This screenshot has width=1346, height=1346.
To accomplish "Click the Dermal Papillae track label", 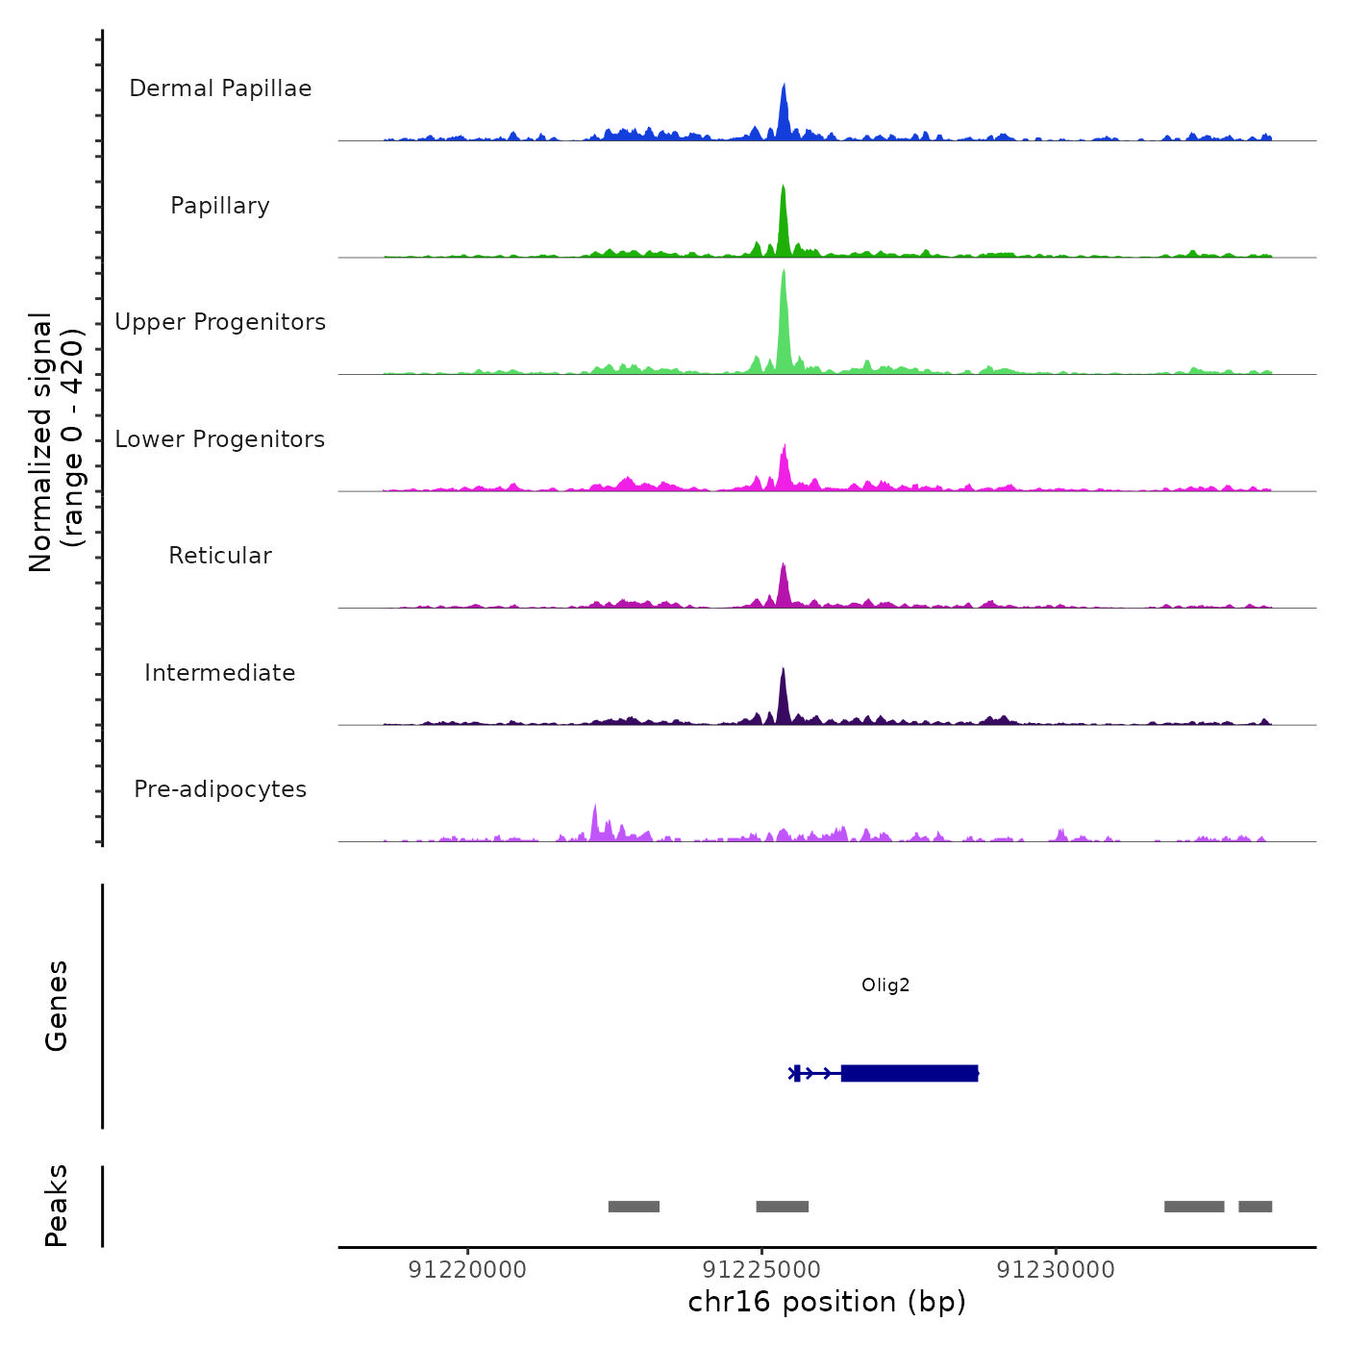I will (220, 88).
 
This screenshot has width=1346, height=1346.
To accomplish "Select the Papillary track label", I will (220, 206).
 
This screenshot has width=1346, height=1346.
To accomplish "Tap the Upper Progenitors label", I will (220, 322).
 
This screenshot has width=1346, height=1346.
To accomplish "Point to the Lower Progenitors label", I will (220, 439).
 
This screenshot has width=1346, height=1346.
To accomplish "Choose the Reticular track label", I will (220, 556).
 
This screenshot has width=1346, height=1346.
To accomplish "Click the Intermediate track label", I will (220, 673).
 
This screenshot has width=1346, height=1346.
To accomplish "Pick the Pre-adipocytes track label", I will (220, 789).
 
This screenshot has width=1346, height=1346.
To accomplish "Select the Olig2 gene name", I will (885, 985).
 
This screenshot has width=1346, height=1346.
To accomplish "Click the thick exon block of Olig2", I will (909, 1073).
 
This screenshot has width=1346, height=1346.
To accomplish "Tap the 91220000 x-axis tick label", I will (467, 1270).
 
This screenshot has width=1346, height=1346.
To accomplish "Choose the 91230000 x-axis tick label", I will (1056, 1270).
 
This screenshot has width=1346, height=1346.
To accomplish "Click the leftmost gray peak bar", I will (634, 1207).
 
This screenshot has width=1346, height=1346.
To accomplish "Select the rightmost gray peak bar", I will (1255, 1207).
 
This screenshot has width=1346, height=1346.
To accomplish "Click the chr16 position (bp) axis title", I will (827, 1303).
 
